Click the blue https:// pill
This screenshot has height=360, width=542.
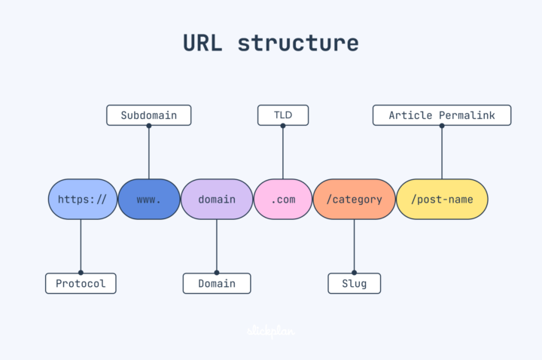[x=82, y=200]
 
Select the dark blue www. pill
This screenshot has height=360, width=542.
[x=148, y=200]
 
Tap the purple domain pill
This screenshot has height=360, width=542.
[x=216, y=200]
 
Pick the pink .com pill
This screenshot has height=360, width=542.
[x=283, y=200]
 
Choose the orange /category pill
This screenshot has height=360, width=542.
[x=354, y=200]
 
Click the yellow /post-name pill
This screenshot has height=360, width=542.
[x=442, y=200]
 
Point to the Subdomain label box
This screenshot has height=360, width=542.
[x=148, y=115]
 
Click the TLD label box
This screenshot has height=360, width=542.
[x=283, y=115]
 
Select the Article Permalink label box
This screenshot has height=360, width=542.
[x=442, y=115]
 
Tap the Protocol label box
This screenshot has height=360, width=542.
[x=81, y=283]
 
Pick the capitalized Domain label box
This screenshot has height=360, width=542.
[x=216, y=283]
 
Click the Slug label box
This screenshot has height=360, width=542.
[x=354, y=283]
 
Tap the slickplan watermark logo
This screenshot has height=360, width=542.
[x=270, y=331]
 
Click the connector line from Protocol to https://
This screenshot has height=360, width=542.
[x=81, y=246]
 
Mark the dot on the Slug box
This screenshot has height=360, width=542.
[x=354, y=273]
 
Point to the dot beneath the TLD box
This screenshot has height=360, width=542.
[x=283, y=126]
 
